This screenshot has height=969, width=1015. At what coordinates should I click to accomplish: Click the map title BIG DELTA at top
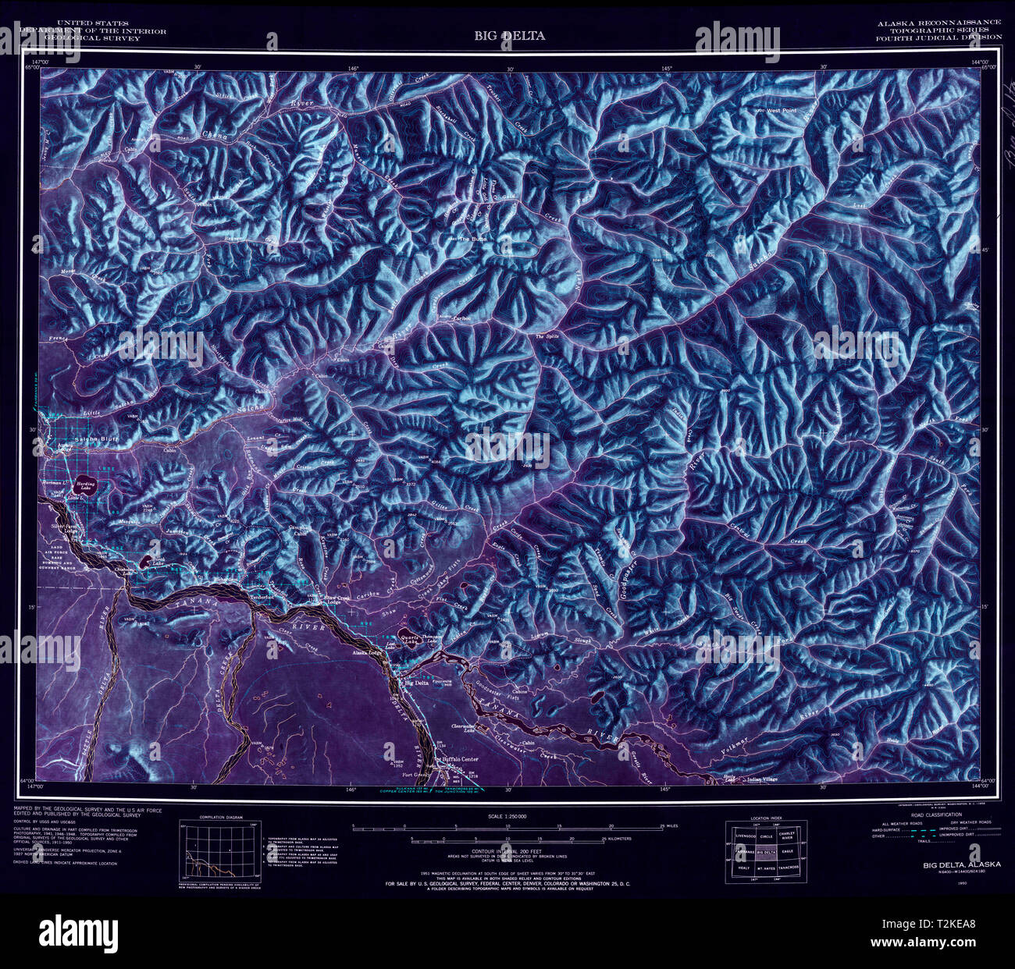(x=508, y=36)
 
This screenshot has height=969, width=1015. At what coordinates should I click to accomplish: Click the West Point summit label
(x=781, y=112)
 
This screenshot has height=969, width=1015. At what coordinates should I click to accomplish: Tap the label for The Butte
(x=472, y=240)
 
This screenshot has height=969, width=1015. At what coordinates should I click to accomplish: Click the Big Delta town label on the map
(x=415, y=683)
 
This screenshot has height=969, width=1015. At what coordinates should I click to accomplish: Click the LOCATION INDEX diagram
(x=767, y=851)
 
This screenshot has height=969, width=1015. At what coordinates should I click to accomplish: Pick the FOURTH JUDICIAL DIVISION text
(x=938, y=37)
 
